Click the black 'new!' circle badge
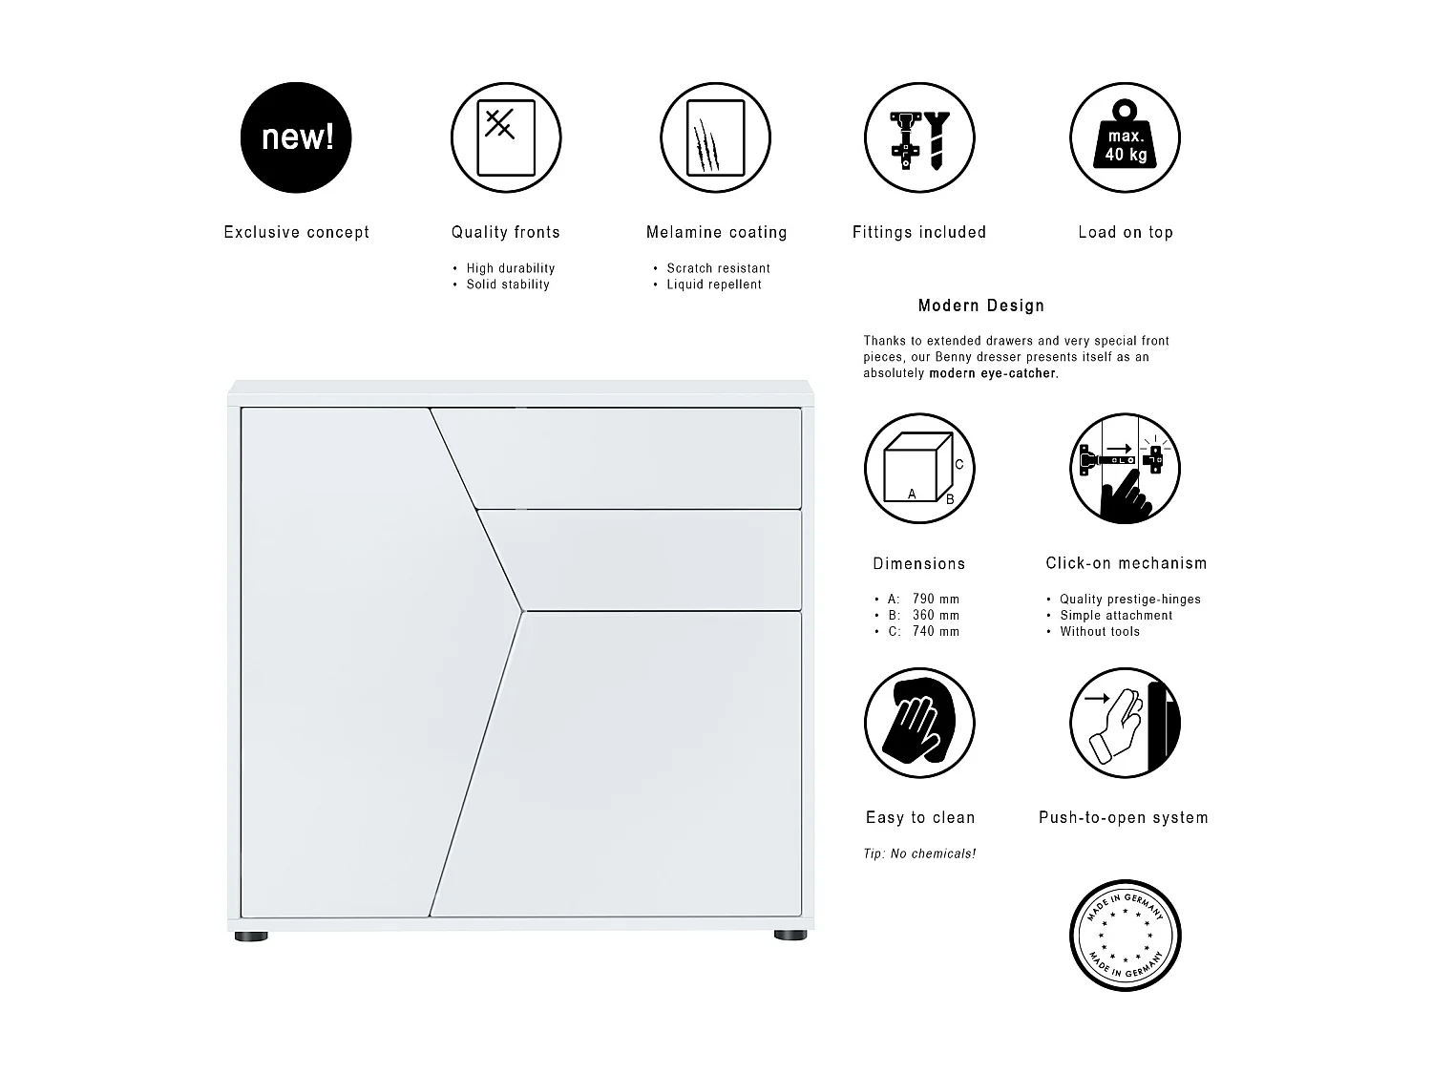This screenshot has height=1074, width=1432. point(296,137)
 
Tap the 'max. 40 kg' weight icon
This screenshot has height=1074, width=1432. point(1126,137)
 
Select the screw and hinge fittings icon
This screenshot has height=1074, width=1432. point(918,137)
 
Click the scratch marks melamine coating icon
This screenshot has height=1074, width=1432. point(715,137)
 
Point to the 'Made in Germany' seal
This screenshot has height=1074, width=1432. point(1126,935)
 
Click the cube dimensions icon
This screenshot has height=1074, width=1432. point(918,469)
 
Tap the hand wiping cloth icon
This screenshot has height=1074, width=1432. point(918,723)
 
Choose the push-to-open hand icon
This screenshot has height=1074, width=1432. point(1126,723)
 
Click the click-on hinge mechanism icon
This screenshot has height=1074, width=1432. point(1126,469)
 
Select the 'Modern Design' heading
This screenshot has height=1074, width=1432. point(980,305)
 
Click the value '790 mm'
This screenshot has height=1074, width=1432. point(936,600)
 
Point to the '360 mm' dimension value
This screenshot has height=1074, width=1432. point(936,616)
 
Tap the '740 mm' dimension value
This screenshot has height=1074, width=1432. point(936,632)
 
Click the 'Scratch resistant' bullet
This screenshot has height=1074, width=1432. point(718,268)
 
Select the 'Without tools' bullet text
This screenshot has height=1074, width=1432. point(1100,632)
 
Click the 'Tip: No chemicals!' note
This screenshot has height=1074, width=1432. point(919,853)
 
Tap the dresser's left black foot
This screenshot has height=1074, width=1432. point(251,936)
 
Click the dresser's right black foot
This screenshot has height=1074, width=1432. point(790,936)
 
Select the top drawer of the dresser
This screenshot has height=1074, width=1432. point(630,456)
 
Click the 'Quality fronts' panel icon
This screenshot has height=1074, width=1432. point(506,137)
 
